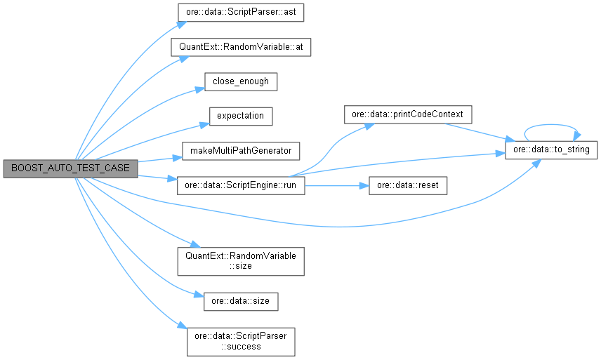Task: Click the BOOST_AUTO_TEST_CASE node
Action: pos(70,169)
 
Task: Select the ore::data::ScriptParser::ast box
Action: pos(241,13)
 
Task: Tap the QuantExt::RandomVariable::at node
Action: pos(241,48)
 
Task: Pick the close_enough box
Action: pos(241,81)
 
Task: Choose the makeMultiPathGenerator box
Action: pos(241,150)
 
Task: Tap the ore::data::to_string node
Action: pos(551,150)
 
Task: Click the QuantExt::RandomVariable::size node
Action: pos(241,260)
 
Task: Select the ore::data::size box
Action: pos(241,300)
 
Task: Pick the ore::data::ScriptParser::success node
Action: pos(241,340)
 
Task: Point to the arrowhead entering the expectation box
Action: pos(204,124)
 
